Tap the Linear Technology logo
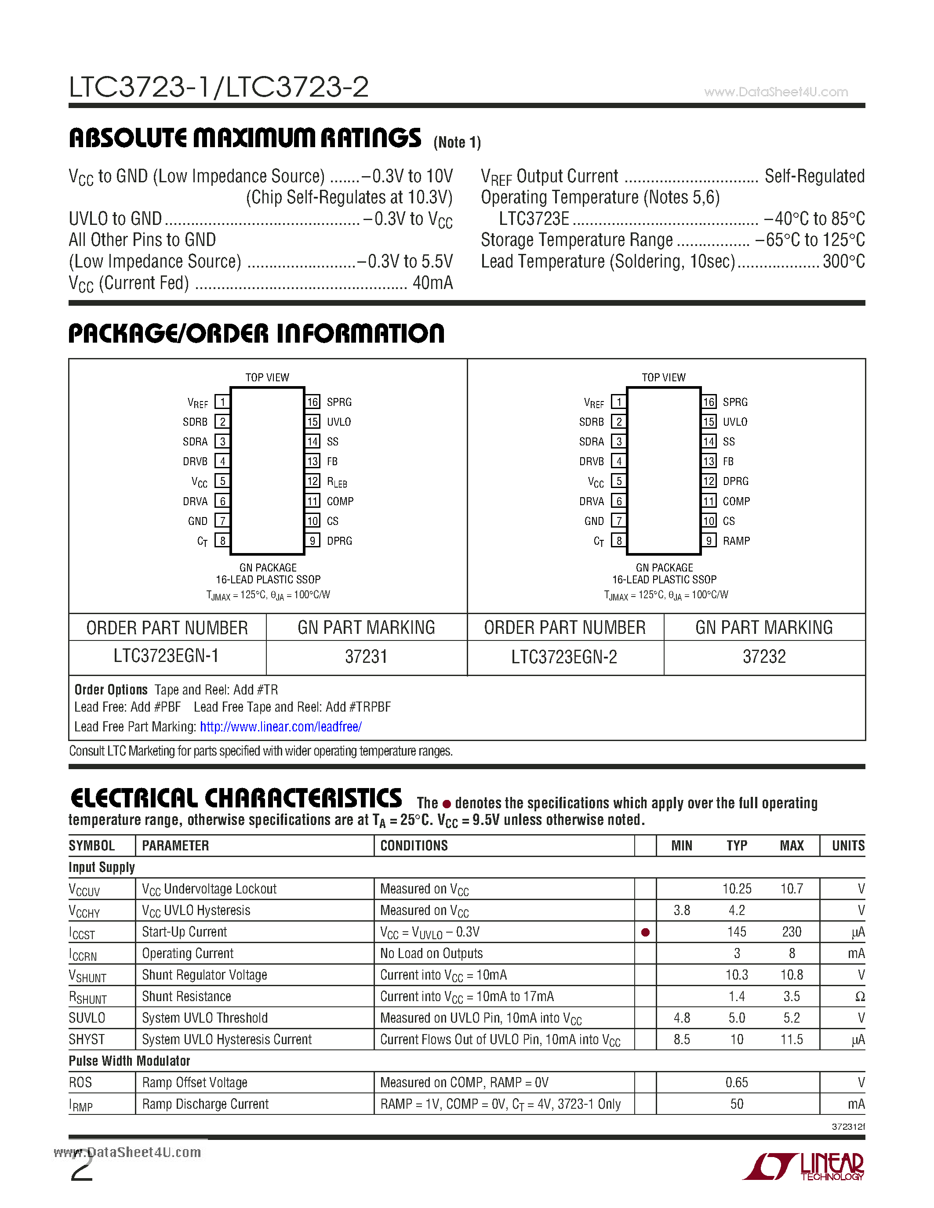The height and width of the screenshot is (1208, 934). [x=803, y=1167]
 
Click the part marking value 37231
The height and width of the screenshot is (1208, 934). [x=366, y=657]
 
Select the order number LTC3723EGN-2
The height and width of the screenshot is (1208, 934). [x=564, y=657]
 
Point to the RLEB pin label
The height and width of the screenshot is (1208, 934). [x=337, y=482]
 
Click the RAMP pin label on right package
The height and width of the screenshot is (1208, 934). [x=736, y=541]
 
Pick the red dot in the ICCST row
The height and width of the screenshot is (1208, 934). [x=645, y=933]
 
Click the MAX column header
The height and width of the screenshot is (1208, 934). [x=791, y=846]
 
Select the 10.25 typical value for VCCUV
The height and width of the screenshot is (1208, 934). [x=737, y=889]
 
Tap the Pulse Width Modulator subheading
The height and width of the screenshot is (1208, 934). [x=129, y=1061]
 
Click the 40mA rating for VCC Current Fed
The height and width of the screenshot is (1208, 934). [x=432, y=283]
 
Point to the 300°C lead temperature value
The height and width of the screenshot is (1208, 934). [x=843, y=262]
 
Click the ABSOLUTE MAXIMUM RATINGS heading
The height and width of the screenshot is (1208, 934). [x=244, y=138]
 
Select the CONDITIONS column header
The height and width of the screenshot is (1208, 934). [x=414, y=846]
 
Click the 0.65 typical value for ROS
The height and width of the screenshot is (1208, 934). [x=737, y=1082]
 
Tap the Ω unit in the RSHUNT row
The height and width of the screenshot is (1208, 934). [x=859, y=997]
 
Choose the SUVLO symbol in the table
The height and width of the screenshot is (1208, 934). [x=87, y=1018]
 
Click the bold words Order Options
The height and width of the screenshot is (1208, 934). [x=111, y=690]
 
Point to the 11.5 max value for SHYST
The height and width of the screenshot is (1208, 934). [x=791, y=1039]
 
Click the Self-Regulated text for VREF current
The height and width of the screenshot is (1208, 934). [x=814, y=177]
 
